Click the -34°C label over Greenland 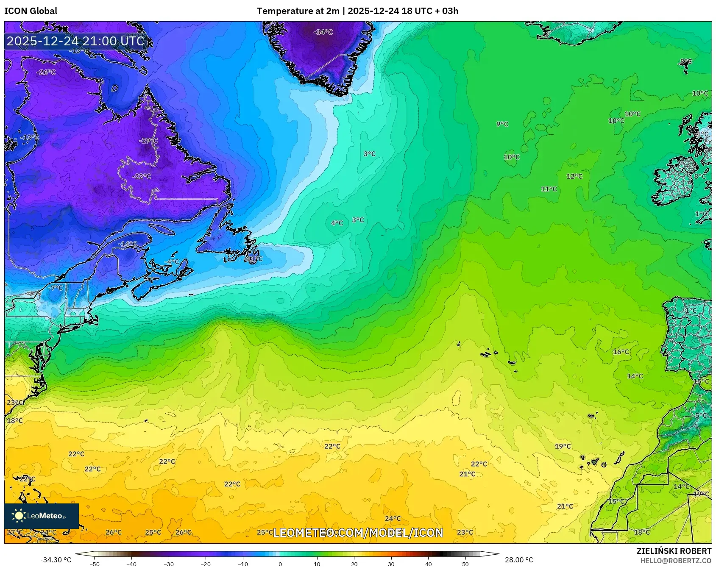(323, 32)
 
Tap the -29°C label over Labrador (148, 141)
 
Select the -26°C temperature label (46, 72)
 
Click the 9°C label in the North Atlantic (502, 124)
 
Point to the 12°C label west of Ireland (574, 177)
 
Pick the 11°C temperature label (549, 189)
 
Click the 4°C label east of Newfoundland (337, 223)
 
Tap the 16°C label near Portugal (621, 352)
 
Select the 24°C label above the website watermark (393, 519)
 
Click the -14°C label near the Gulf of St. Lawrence (127, 245)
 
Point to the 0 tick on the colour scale (280, 564)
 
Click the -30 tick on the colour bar (169, 564)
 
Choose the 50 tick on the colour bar (465, 564)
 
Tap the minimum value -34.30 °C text (56, 560)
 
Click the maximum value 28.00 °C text (519, 560)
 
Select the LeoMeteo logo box (41, 516)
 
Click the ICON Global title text (31, 11)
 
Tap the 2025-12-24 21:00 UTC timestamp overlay (75, 41)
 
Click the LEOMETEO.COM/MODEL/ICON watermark (358, 533)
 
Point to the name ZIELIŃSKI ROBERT (674, 551)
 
